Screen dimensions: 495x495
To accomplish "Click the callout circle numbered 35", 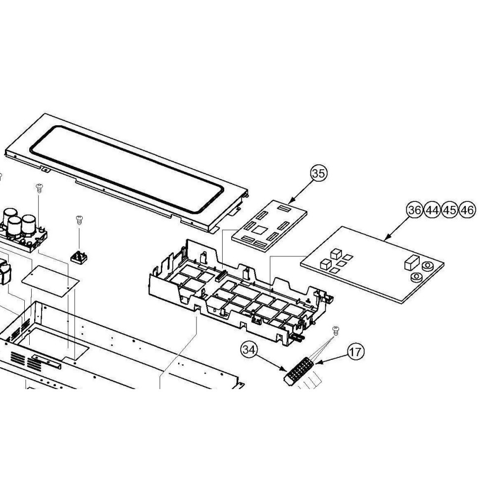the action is pyautogui.click(x=319, y=173).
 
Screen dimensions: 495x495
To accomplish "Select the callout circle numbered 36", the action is pyautogui.click(x=414, y=210).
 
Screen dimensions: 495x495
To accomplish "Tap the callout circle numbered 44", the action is pyautogui.click(x=432, y=210).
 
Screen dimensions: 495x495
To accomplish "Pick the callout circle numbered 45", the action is pyautogui.click(x=449, y=210).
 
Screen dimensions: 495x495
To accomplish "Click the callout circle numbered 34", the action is pyautogui.click(x=249, y=349).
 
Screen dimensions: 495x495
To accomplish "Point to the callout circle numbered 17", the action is pyautogui.click(x=356, y=351).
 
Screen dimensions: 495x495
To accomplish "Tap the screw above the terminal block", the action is pyautogui.click(x=336, y=331).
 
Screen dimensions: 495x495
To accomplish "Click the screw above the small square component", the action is pyautogui.click(x=79, y=220).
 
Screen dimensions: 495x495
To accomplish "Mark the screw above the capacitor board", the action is pyautogui.click(x=39, y=188).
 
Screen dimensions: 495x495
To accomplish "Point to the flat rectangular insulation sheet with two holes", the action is pyautogui.click(x=50, y=281).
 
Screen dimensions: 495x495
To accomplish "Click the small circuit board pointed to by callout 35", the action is pyautogui.click(x=269, y=225).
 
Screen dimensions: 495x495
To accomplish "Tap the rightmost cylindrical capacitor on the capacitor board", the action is pyautogui.click(x=29, y=225).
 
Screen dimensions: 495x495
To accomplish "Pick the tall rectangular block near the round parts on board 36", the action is pyautogui.click(x=412, y=263).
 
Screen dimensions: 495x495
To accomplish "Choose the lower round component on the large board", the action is pyautogui.click(x=416, y=277).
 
